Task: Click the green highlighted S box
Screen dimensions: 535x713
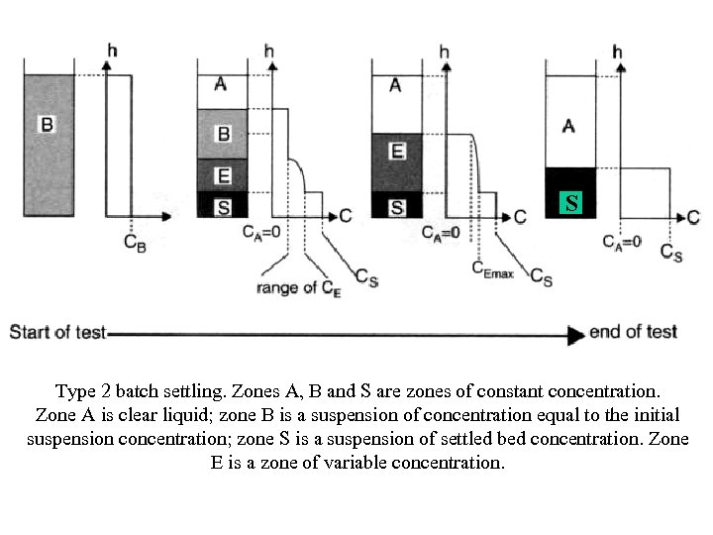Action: (x=569, y=205)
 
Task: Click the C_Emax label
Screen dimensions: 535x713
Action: (x=492, y=268)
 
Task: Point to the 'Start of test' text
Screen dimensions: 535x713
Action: (x=56, y=332)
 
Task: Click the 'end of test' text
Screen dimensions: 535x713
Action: (x=633, y=331)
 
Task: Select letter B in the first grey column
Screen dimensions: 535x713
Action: (x=47, y=124)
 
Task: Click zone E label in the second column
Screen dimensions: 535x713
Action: (x=223, y=176)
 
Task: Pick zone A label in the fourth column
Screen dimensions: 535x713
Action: (x=568, y=125)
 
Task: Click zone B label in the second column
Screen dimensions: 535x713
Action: (x=223, y=133)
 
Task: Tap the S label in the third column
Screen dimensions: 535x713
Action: (x=396, y=207)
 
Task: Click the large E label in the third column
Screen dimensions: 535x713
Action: (x=396, y=151)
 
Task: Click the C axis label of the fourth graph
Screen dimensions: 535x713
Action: (x=693, y=217)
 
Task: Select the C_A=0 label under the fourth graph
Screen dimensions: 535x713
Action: (x=623, y=241)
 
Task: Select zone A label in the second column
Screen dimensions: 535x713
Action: (x=220, y=85)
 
